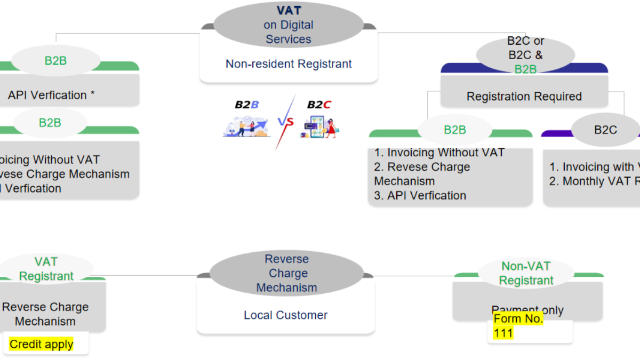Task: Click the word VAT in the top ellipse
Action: click(289, 10)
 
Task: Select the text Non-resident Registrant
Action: click(289, 64)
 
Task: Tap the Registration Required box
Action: click(524, 97)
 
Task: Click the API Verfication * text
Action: click(51, 95)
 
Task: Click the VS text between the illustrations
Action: click(285, 122)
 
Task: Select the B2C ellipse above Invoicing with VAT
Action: click(605, 130)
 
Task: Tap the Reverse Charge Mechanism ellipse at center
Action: click(286, 274)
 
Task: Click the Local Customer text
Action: click(285, 315)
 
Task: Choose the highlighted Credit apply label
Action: click(42, 345)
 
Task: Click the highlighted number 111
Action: click(503, 334)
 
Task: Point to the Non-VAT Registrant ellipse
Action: click(526, 274)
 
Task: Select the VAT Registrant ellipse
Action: click(46, 269)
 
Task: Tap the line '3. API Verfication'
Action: click(420, 196)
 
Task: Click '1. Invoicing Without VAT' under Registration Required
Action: click(439, 153)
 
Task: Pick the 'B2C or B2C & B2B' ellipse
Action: click(525, 55)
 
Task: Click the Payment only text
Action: click(527, 310)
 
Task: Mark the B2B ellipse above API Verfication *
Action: click(55, 61)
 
